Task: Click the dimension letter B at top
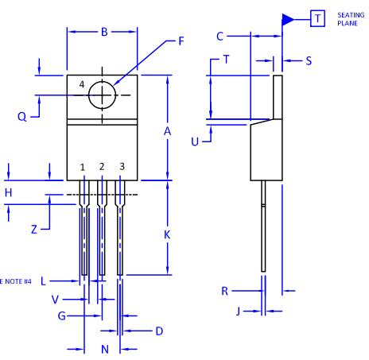point(103,32)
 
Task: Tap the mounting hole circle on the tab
point(102,95)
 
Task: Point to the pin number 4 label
point(82,85)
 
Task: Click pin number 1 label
point(83,168)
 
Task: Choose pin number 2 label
point(102,167)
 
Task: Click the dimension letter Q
point(22,116)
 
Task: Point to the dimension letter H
point(8,192)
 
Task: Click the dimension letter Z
point(34,229)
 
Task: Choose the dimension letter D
point(159,330)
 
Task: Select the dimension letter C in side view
point(221,36)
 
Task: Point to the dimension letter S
point(309,60)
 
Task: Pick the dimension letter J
point(238,311)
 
